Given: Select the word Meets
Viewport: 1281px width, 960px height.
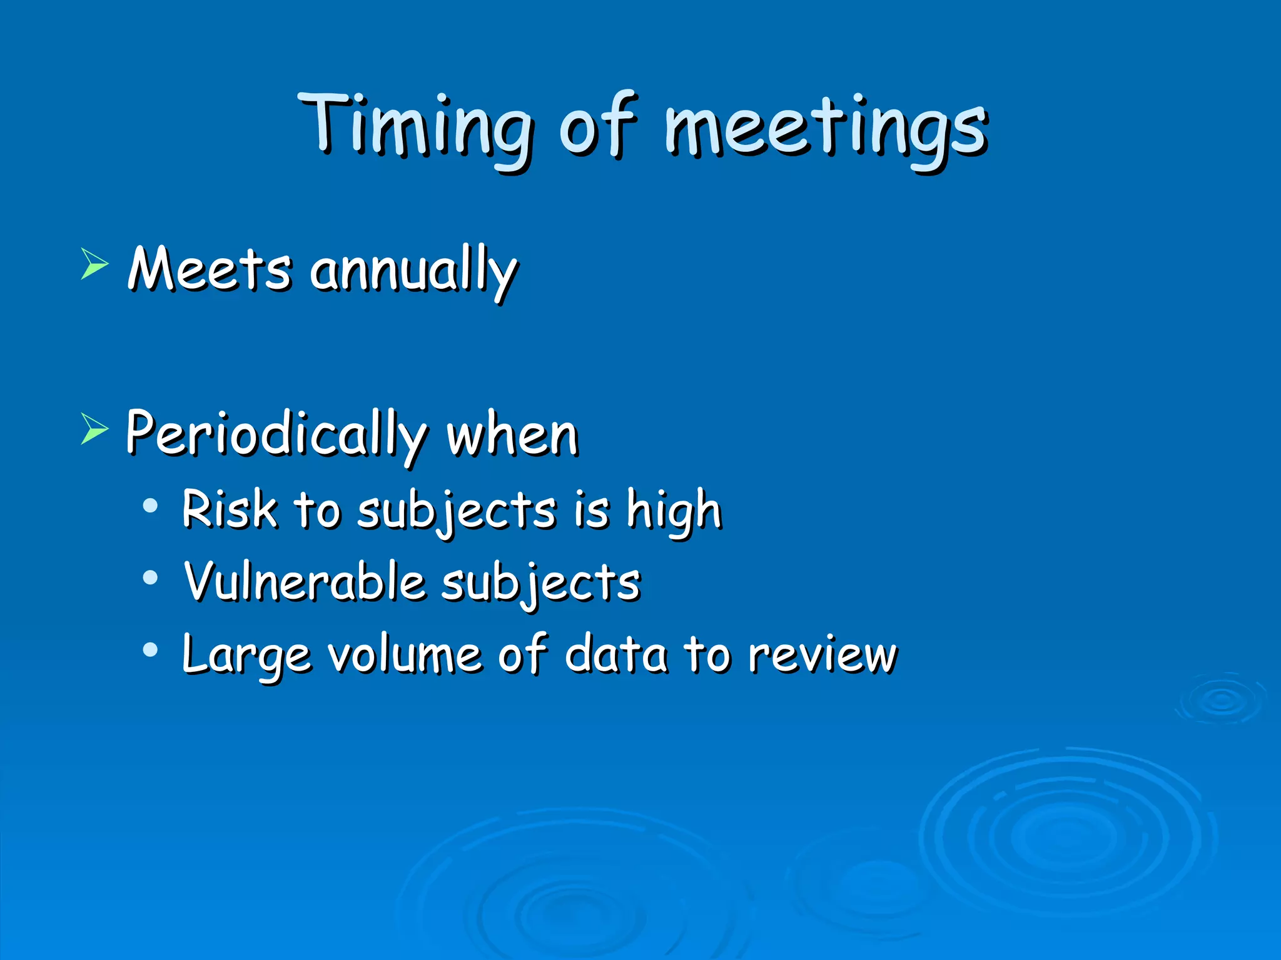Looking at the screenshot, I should tap(210, 270).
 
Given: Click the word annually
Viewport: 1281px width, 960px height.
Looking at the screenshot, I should tap(413, 272).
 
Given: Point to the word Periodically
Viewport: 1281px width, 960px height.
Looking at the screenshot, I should tap(275, 434).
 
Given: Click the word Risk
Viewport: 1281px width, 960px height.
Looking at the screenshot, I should tap(229, 509).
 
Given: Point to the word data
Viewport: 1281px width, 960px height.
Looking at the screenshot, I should tap(615, 654).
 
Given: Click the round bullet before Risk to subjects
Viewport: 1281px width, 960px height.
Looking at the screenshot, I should tap(150, 506).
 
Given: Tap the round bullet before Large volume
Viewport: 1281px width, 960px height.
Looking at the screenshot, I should tap(150, 651).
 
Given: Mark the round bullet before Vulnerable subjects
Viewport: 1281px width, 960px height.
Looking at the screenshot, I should tap(150, 578).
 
